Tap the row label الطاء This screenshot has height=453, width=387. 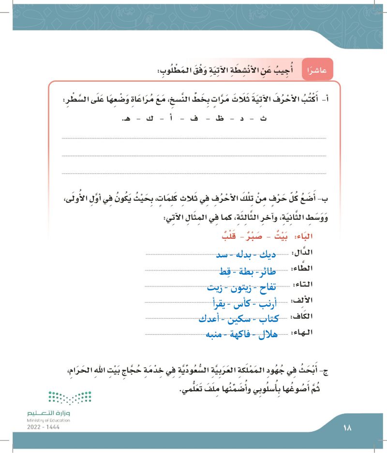(302, 269)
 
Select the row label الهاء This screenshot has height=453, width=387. (302, 332)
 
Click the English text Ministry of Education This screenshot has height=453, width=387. (48, 421)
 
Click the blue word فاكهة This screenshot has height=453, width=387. (241, 335)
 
